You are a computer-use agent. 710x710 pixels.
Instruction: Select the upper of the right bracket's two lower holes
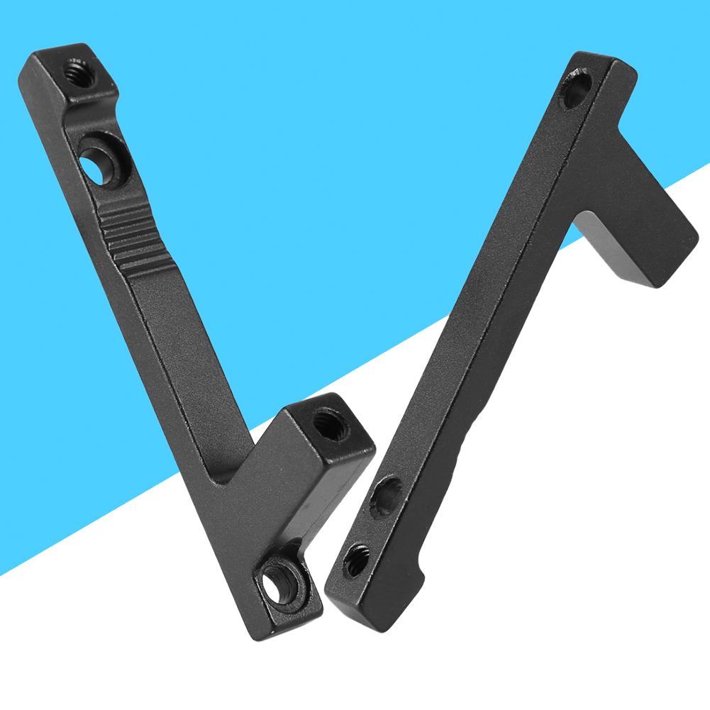(385, 497)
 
